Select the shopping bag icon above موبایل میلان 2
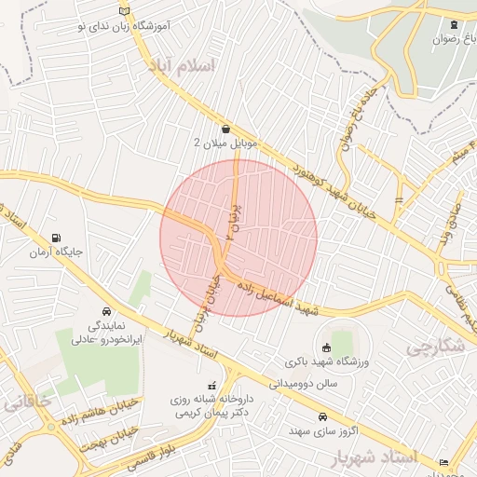pos(226,129)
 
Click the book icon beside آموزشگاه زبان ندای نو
pos(126,11)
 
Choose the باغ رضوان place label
pos(452,40)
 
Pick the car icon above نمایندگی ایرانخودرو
pos(105,312)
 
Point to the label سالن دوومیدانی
pos(302,383)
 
